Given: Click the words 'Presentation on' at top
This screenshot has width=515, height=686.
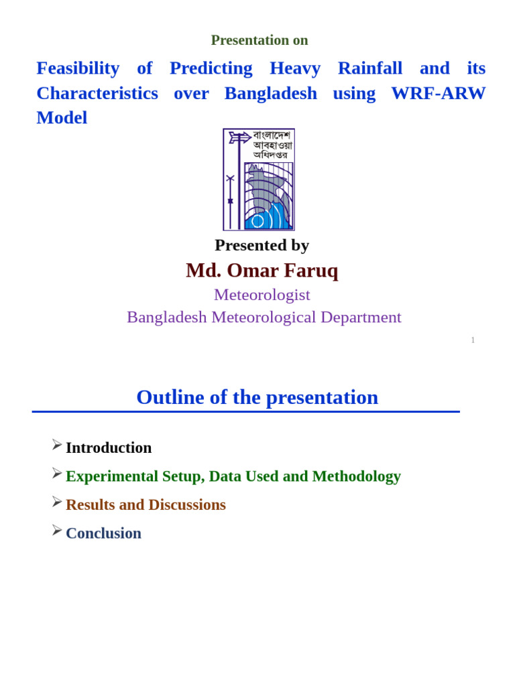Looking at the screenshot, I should tap(260, 40).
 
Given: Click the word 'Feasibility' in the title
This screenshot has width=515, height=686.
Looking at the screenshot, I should tap(78, 68).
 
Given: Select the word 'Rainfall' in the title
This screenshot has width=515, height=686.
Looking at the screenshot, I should tap(369, 68).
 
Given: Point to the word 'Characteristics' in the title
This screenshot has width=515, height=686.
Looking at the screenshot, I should tap(97, 93).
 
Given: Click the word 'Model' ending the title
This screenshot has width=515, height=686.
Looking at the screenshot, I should tap(62, 118).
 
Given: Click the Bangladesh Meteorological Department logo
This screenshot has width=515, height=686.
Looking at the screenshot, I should tap(259, 180).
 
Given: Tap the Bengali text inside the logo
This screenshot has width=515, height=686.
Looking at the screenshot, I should tap(272, 145).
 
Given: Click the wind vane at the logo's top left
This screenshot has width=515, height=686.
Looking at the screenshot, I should tap(238, 138).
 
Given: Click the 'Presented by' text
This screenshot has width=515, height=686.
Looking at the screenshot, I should tap(262, 245).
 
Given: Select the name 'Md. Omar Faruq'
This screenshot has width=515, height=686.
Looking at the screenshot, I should tap(262, 270).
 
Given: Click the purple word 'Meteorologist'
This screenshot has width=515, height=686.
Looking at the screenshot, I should tap(262, 295).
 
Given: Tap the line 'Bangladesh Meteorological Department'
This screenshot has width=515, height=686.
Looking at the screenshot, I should tap(264, 317).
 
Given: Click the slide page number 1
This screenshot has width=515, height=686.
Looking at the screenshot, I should tap(473, 340).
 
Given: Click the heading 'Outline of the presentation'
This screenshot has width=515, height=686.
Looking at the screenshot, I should tap(257, 397).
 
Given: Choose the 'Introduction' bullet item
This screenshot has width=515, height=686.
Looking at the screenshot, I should tap(109, 448).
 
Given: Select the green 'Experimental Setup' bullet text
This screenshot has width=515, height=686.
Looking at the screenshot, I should tap(233, 476).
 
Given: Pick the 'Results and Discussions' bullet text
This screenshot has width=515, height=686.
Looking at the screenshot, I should tap(146, 505).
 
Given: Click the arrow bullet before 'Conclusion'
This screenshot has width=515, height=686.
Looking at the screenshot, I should tap(57, 531).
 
